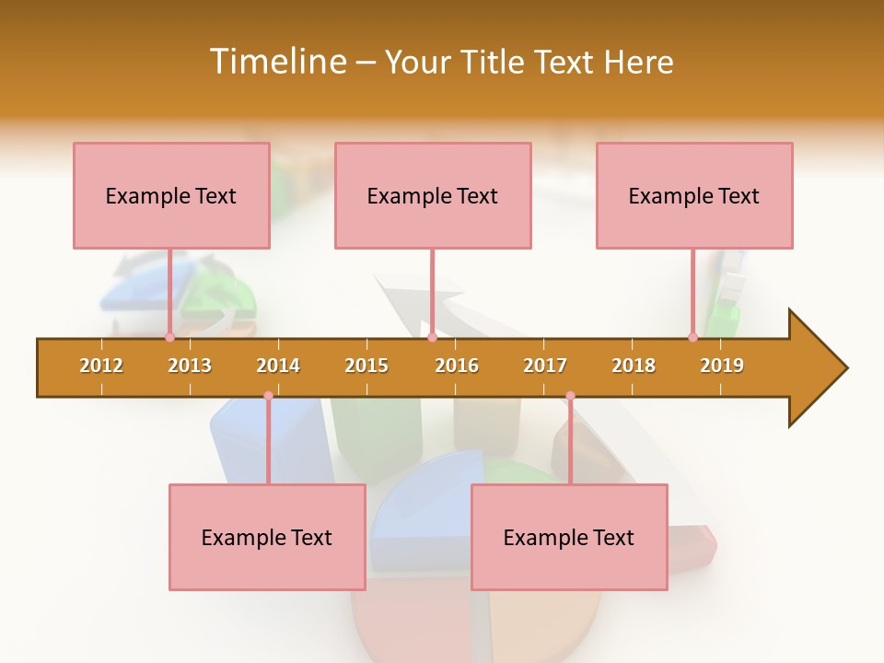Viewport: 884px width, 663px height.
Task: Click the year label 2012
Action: [101, 366]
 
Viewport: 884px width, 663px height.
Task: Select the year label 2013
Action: [190, 366]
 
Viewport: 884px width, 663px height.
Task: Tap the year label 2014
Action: [278, 366]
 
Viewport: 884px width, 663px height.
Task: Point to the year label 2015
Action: [366, 366]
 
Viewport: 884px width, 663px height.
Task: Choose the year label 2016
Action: [457, 366]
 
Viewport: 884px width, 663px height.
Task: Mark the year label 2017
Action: [545, 366]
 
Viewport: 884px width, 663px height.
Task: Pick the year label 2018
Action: [634, 366]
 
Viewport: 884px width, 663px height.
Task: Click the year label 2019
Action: [722, 366]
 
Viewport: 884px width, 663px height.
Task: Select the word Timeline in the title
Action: [276, 62]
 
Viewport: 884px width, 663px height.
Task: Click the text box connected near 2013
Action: [171, 195]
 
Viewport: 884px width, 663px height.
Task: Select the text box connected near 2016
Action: [433, 195]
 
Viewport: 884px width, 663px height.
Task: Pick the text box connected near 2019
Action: [694, 195]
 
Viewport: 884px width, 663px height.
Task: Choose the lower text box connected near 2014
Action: [267, 537]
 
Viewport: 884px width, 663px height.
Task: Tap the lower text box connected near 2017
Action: [569, 537]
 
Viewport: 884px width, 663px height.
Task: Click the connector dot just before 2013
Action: [169, 337]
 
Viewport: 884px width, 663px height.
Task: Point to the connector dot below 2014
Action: [268, 396]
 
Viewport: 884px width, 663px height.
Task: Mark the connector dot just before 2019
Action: [692, 337]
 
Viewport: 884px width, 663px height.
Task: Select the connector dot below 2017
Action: [570, 396]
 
